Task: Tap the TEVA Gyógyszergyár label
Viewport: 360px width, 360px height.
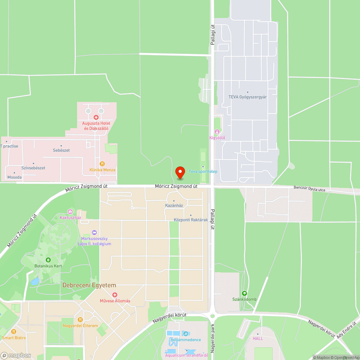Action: pyautogui.click(x=248, y=97)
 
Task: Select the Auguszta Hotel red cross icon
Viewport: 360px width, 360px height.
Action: pyautogui.click(x=96, y=117)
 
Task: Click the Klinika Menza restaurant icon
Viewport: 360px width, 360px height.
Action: pyautogui.click(x=102, y=163)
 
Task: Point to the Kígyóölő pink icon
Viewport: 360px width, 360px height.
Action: pyautogui.click(x=217, y=132)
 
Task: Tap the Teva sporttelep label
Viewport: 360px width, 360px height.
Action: pyautogui.click(x=203, y=171)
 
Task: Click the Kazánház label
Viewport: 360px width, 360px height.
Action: pyautogui.click(x=174, y=206)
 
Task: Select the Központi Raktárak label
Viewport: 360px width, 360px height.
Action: pyautogui.click(x=191, y=220)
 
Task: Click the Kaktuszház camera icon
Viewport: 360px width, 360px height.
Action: pyautogui.click(x=70, y=212)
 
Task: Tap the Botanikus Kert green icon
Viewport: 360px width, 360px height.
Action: pyautogui.click(x=48, y=260)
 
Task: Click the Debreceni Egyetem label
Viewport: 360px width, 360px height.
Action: pyautogui.click(x=90, y=285)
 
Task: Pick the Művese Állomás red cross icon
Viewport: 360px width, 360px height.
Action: pyautogui.click(x=114, y=295)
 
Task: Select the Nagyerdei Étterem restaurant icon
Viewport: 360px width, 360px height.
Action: pyautogui.click(x=80, y=319)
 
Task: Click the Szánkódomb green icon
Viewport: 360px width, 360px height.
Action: pyautogui.click(x=244, y=293)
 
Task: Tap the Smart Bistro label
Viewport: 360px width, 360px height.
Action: pyautogui.click(x=14, y=338)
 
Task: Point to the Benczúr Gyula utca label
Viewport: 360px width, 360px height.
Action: pyautogui.click(x=309, y=188)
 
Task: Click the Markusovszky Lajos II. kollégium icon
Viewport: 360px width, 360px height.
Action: pyautogui.click(x=94, y=233)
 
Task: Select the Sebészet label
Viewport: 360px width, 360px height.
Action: pyautogui.click(x=61, y=150)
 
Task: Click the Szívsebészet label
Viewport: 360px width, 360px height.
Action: pyautogui.click(x=33, y=168)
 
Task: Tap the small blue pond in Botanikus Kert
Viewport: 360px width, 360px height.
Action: pyautogui.click(x=35, y=281)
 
